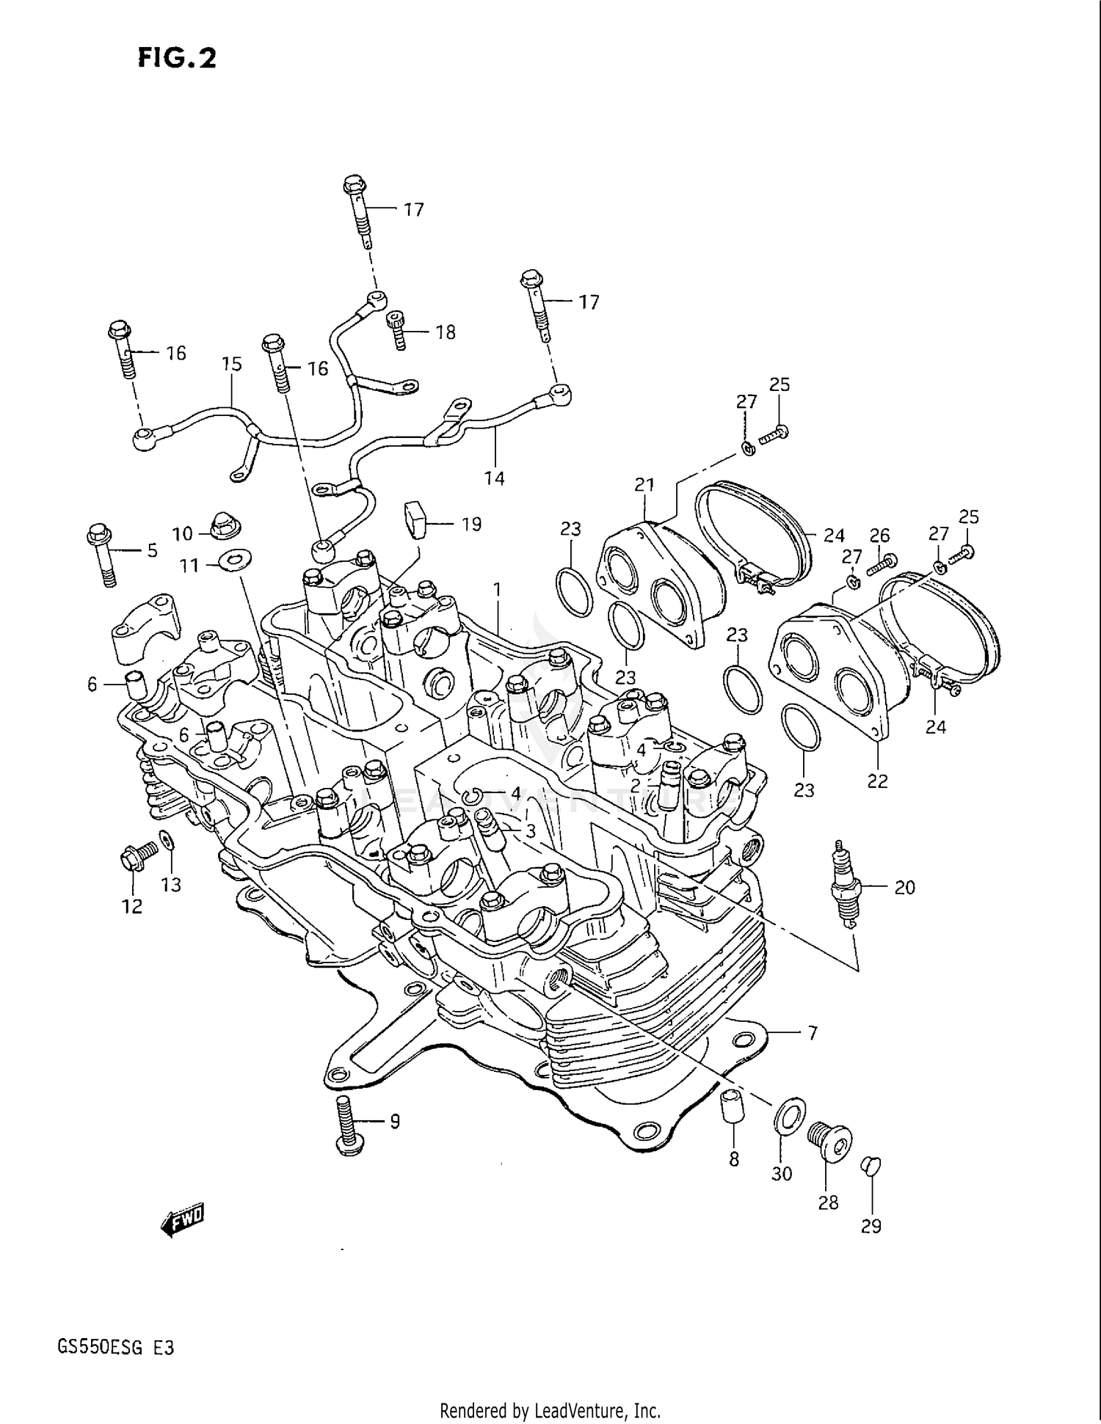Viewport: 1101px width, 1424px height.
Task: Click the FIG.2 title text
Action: (177, 58)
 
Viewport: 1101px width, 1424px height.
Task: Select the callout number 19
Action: (471, 524)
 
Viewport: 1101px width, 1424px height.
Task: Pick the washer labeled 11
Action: (234, 561)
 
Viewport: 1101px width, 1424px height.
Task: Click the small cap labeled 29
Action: (869, 1165)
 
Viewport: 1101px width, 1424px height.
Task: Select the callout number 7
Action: (813, 1033)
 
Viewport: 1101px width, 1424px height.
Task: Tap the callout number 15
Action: (231, 364)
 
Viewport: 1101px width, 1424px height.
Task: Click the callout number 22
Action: (877, 781)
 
